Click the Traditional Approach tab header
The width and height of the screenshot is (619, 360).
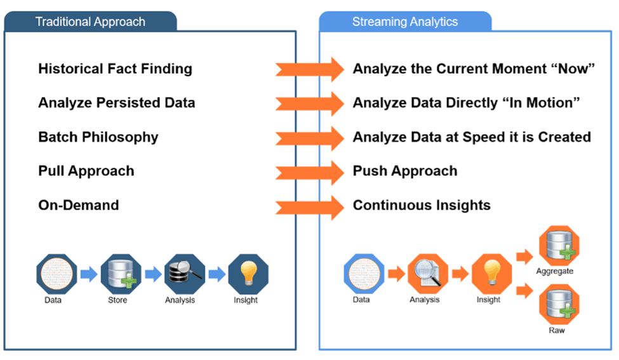coord(90,22)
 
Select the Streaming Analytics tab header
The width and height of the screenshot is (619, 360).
coord(405,22)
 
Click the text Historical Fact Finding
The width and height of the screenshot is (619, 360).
coord(115,69)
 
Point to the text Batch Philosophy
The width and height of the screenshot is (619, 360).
coord(98,137)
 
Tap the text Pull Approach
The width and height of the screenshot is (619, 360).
coord(86,171)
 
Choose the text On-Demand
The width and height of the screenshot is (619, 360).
coord(79,205)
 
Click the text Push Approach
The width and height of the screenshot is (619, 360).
coord(405,171)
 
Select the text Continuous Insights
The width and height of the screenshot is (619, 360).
coord(422,205)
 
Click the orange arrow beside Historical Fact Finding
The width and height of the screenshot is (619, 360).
coord(310,69)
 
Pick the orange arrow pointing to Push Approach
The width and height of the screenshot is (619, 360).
coord(310,171)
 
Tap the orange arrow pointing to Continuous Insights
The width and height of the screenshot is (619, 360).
coord(310,206)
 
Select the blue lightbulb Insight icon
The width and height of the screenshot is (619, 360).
coord(248,274)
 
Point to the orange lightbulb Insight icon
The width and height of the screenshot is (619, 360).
coord(489,274)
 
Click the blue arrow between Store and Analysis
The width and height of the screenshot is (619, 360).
coord(153,274)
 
